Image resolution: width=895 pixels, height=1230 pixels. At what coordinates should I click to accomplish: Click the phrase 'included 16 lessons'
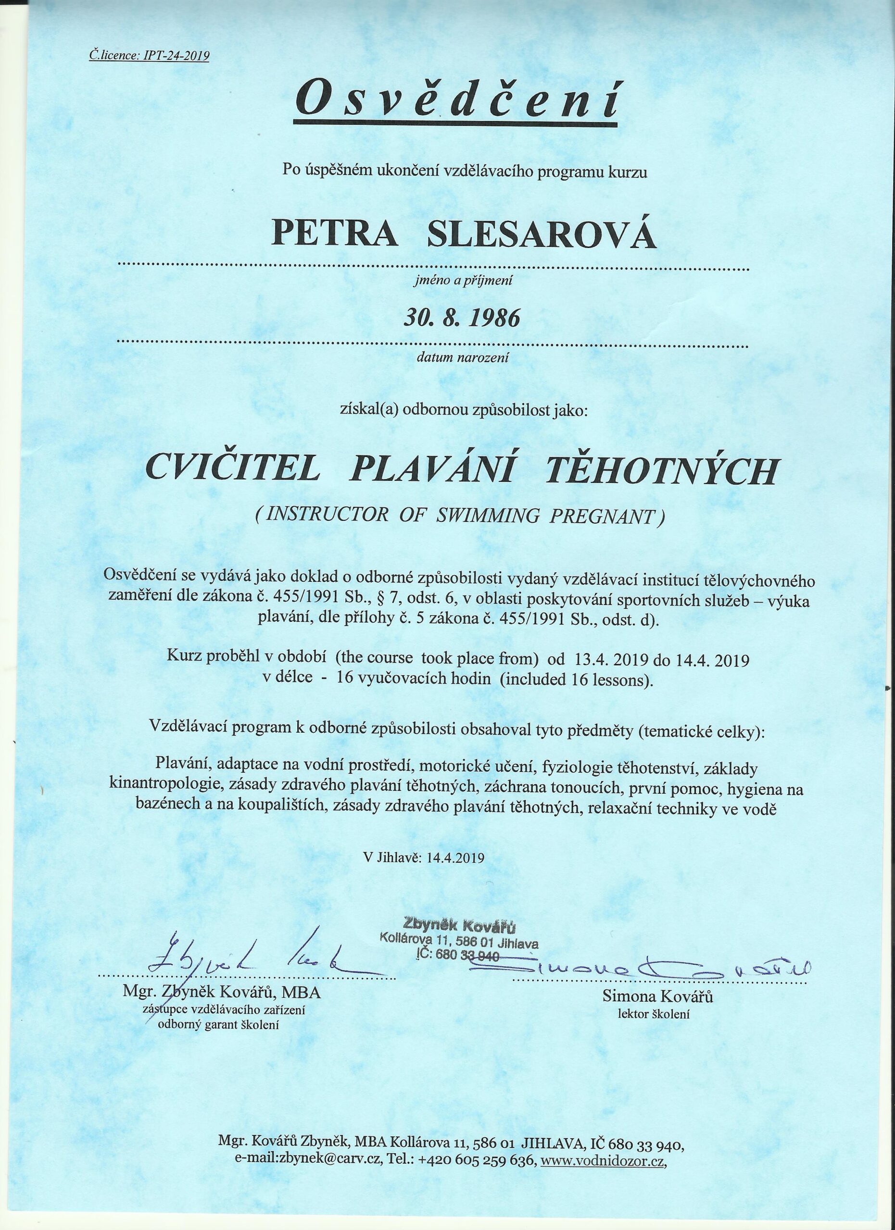tap(576, 679)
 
